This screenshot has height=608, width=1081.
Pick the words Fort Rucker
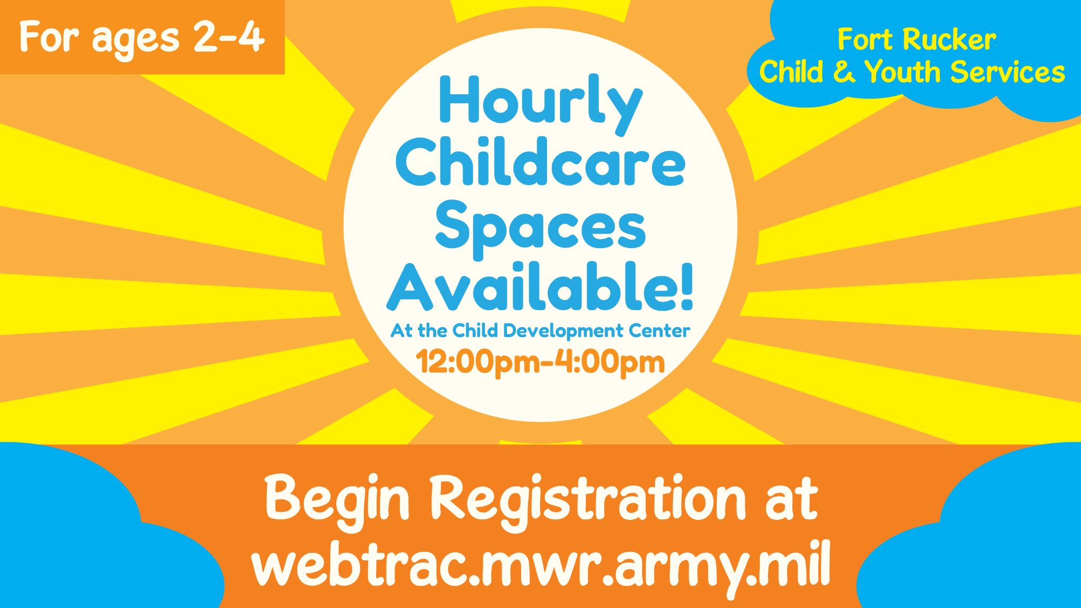tap(916, 39)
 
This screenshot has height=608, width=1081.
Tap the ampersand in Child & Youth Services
tap(844, 72)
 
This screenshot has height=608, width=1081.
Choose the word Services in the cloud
tap(1007, 72)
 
